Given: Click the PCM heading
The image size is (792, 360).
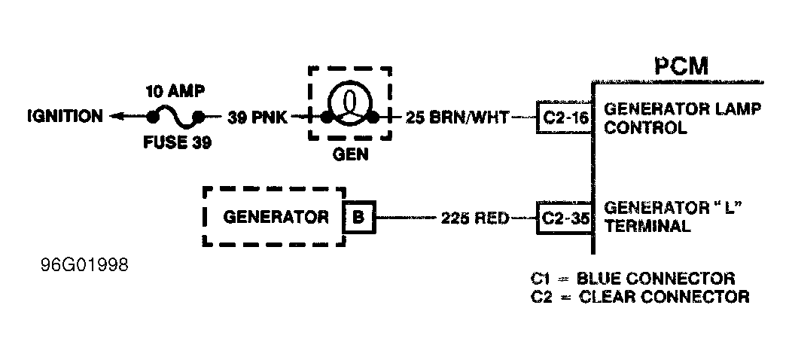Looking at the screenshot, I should click(x=681, y=66).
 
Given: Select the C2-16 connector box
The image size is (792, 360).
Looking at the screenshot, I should click(x=565, y=117).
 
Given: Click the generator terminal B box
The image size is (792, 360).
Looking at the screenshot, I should click(x=358, y=218).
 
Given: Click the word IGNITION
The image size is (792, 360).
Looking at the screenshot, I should click(x=65, y=116).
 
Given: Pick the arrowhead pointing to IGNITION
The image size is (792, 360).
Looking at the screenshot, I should click(x=115, y=117).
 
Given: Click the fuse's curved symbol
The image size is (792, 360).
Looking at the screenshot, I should click(x=175, y=117).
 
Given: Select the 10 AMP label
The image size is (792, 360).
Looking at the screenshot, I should click(x=175, y=92).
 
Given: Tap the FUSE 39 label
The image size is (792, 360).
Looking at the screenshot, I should click(x=177, y=141).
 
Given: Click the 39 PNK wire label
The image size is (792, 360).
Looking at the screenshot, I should click(x=257, y=117).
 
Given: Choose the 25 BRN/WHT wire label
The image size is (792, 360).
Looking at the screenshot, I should click(x=457, y=117).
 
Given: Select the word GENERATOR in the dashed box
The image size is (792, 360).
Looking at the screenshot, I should click(x=276, y=218).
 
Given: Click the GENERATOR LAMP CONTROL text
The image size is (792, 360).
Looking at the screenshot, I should click(x=682, y=117).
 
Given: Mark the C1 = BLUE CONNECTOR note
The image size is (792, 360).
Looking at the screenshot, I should click(x=632, y=278).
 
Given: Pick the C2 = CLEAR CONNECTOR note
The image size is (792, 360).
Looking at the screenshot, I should click(x=640, y=296).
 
